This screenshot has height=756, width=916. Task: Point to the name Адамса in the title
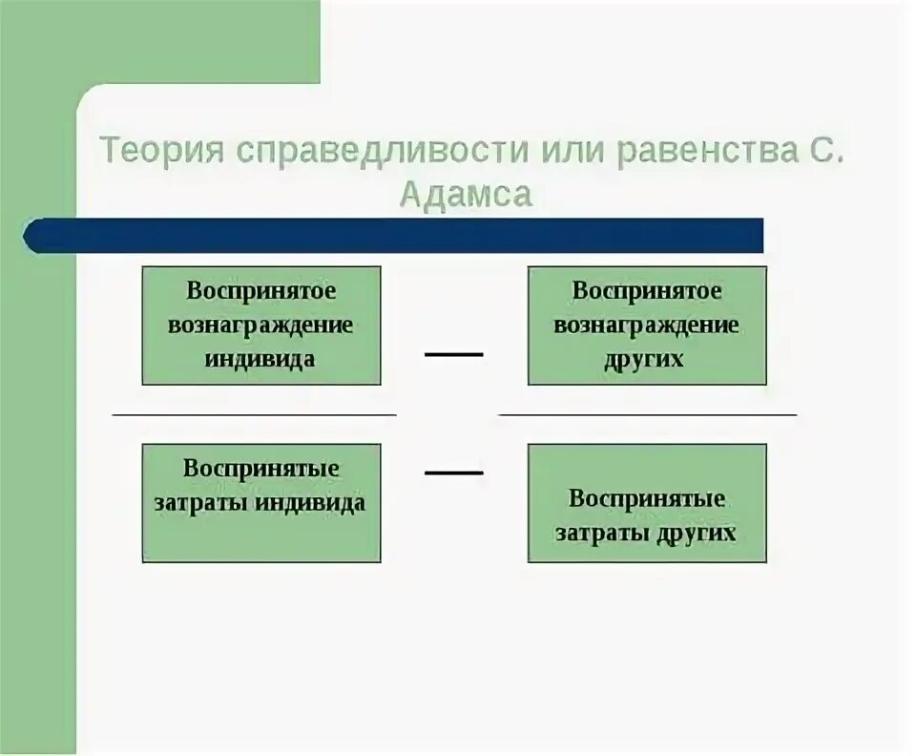point(465,195)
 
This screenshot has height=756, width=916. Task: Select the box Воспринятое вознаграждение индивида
point(261,325)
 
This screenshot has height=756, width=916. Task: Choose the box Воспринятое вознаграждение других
point(647,325)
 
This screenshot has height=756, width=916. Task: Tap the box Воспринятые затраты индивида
point(261,502)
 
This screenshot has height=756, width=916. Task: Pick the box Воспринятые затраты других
point(647,502)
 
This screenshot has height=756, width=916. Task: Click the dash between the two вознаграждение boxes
point(454,354)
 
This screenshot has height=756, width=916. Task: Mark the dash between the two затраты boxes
point(454,472)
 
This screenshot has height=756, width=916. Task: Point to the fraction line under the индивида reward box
point(254,415)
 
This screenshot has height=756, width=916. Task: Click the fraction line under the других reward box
point(648,415)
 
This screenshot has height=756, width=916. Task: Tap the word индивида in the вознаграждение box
point(260,360)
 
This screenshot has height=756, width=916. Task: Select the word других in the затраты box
point(696,533)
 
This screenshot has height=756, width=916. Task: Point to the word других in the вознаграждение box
point(644,360)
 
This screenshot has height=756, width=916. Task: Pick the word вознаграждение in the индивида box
point(260,325)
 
